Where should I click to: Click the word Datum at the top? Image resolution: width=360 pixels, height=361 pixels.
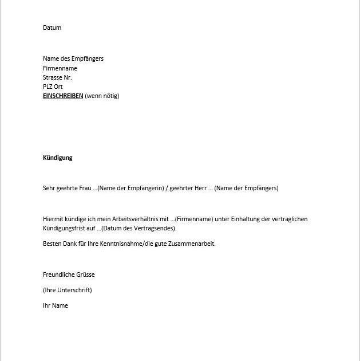click(x=52, y=28)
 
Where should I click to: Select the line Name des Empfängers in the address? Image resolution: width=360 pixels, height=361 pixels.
click(x=73, y=58)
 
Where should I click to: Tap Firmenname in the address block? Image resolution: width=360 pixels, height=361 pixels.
click(x=60, y=68)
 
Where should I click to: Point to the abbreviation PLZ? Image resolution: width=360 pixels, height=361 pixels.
click(x=48, y=87)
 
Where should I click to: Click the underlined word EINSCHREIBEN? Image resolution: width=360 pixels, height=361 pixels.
click(x=63, y=96)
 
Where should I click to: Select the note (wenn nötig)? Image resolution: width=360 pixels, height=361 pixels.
click(x=102, y=96)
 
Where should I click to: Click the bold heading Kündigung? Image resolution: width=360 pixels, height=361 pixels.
click(x=58, y=158)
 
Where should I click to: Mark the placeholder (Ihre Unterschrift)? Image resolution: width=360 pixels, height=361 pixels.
click(x=68, y=290)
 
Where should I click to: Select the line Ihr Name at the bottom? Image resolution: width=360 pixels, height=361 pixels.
click(x=56, y=305)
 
